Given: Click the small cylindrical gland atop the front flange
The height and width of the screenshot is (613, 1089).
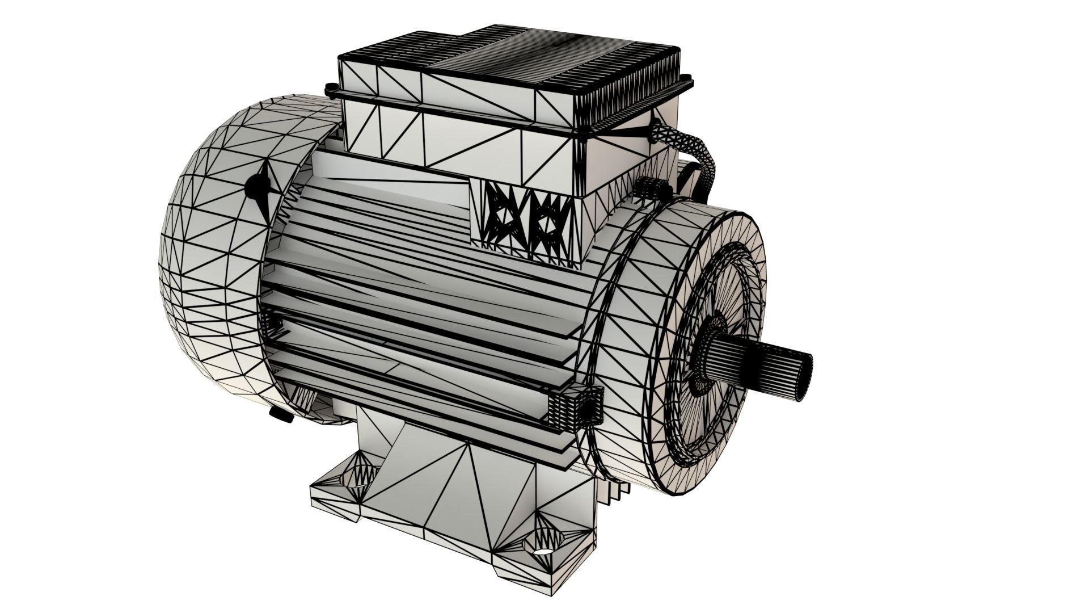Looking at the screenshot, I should (x=649, y=188).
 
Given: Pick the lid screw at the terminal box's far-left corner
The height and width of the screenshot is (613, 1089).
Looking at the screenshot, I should (x=330, y=89).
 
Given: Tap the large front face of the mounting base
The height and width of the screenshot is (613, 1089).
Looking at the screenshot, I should (x=454, y=499).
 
